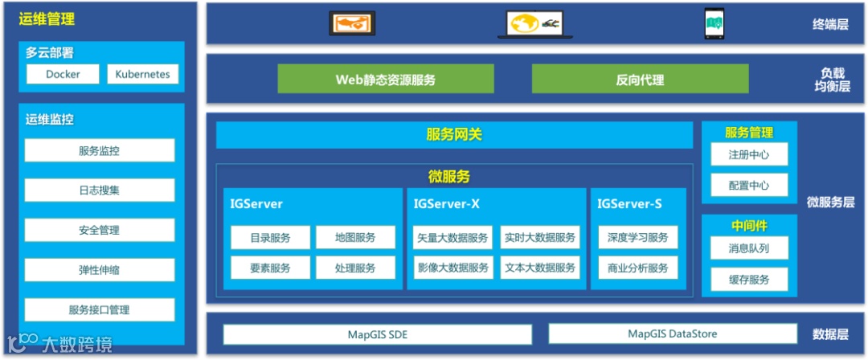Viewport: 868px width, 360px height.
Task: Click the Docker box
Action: [x=63, y=74]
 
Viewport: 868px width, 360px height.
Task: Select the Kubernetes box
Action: [x=142, y=74]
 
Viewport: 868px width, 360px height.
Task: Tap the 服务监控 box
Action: [x=100, y=150]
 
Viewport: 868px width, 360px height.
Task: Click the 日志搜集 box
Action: [x=100, y=190]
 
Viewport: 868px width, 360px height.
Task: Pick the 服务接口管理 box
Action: [x=100, y=309]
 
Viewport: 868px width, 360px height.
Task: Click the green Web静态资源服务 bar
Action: [x=385, y=80]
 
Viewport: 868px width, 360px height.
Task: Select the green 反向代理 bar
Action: [x=640, y=80]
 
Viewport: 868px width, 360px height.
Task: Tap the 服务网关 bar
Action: [x=454, y=135]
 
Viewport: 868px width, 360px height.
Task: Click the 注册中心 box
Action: [x=748, y=154]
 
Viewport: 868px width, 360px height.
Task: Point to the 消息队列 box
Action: [x=748, y=248]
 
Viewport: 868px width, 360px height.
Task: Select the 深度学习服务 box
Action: [x=638, y=238]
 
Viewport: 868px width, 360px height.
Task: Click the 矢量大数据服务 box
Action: [x=452, y=238]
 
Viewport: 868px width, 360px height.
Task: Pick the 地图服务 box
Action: [x=355, y=238]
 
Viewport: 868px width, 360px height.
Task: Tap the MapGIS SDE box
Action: [x=378, y=334]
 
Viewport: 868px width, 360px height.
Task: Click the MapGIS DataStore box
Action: [x=672, y=333]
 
